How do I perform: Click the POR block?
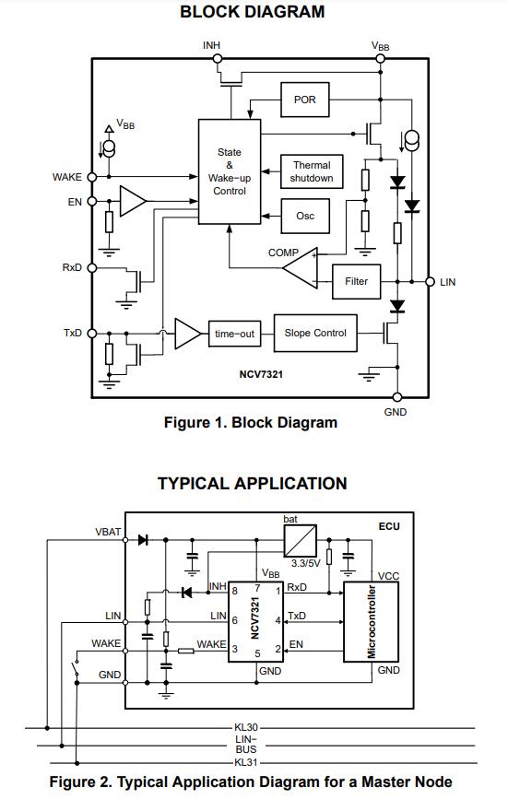coord(304,100)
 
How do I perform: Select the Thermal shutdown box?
coord(312,171)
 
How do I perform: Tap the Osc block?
coord(304,216)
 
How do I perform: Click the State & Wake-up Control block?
coord(230,171)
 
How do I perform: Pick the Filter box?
coord(356,281)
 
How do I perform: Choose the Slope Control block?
coord(315,334)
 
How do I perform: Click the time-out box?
coord(234,334)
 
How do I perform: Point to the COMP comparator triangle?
coord(301,268)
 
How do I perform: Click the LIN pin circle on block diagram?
coord(430,281)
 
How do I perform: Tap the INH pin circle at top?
coord(218,59)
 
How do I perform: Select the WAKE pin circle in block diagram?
coord(92,177)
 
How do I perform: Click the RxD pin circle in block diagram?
coord(92,267)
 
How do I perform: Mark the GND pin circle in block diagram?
coord(397,397)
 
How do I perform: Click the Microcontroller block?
coord(371,622)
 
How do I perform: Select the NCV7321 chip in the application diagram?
coord(255,622)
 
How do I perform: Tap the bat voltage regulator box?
coord(300,541)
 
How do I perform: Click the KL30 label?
coord(246,728)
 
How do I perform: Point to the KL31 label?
coord(246,763)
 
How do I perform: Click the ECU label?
coord(389,526)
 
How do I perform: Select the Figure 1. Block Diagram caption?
coord(251,422)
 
